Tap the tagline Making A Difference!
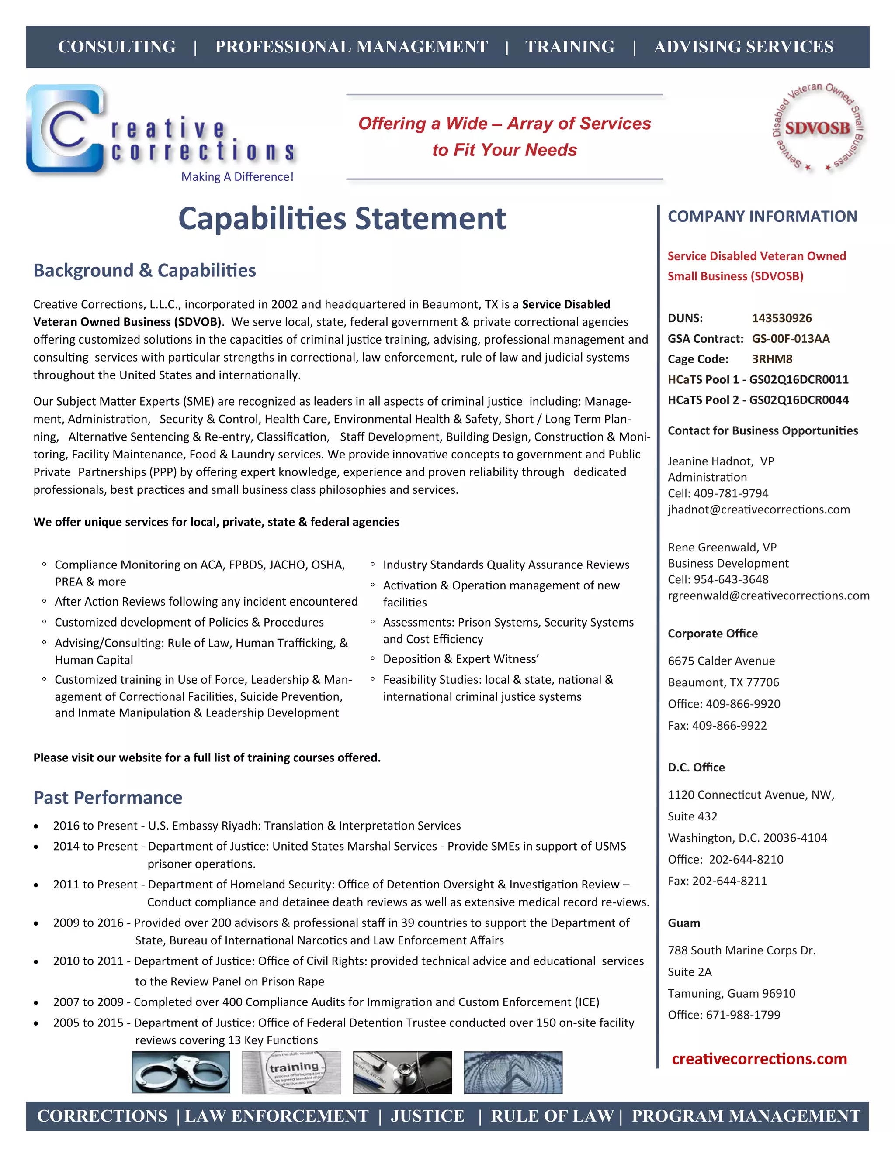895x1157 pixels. [x=237, y=176]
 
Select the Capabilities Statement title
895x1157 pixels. [x=342, y=218]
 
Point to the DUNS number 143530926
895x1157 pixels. [x=781, y=318]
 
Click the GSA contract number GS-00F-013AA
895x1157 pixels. [x=791, y=338]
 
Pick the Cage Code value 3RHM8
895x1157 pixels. [x=772, y=359]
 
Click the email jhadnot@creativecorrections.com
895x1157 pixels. [x=759, y=510]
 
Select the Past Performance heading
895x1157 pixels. [x=108, y=797]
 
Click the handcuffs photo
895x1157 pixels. [x=181, y=1073]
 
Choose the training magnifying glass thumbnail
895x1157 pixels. [x=291, y=1073]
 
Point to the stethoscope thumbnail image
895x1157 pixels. [x=402, y=1073]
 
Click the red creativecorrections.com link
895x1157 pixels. [x=759, y=1059]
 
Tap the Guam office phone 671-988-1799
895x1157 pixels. [x=743, y=1015]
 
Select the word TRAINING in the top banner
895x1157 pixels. [x=570, y=47]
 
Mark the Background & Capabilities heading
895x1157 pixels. [x=145, y=270]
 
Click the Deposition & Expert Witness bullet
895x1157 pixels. [x=461, y=659]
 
